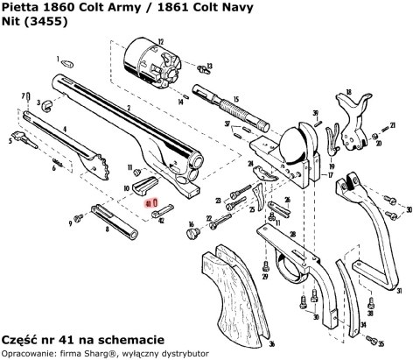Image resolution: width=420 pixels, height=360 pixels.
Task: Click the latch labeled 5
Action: (x=17, y=138)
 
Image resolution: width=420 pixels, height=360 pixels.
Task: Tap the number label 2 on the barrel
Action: (x=129, y=108)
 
